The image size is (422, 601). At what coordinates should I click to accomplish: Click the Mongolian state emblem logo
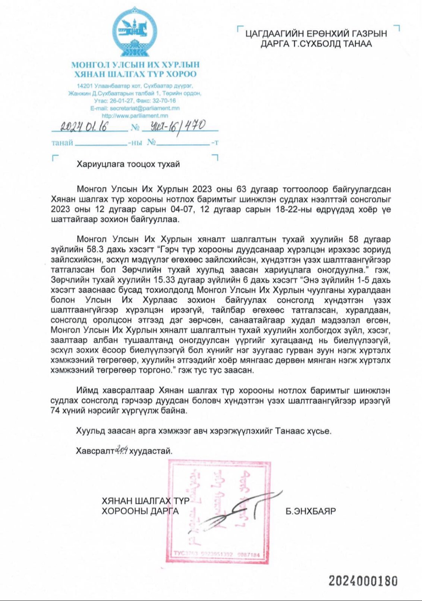click(135, 33)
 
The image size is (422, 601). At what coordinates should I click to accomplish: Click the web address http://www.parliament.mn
click(135, 116)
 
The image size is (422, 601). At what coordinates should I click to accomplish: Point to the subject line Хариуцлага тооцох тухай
click(128, 164)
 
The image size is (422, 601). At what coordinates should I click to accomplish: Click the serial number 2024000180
click(363, 581)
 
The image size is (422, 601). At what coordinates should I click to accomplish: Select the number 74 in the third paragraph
click(56, 411)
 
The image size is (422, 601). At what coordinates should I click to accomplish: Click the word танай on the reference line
click(62, 143)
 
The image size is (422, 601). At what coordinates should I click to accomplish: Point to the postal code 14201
click(84, 86)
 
